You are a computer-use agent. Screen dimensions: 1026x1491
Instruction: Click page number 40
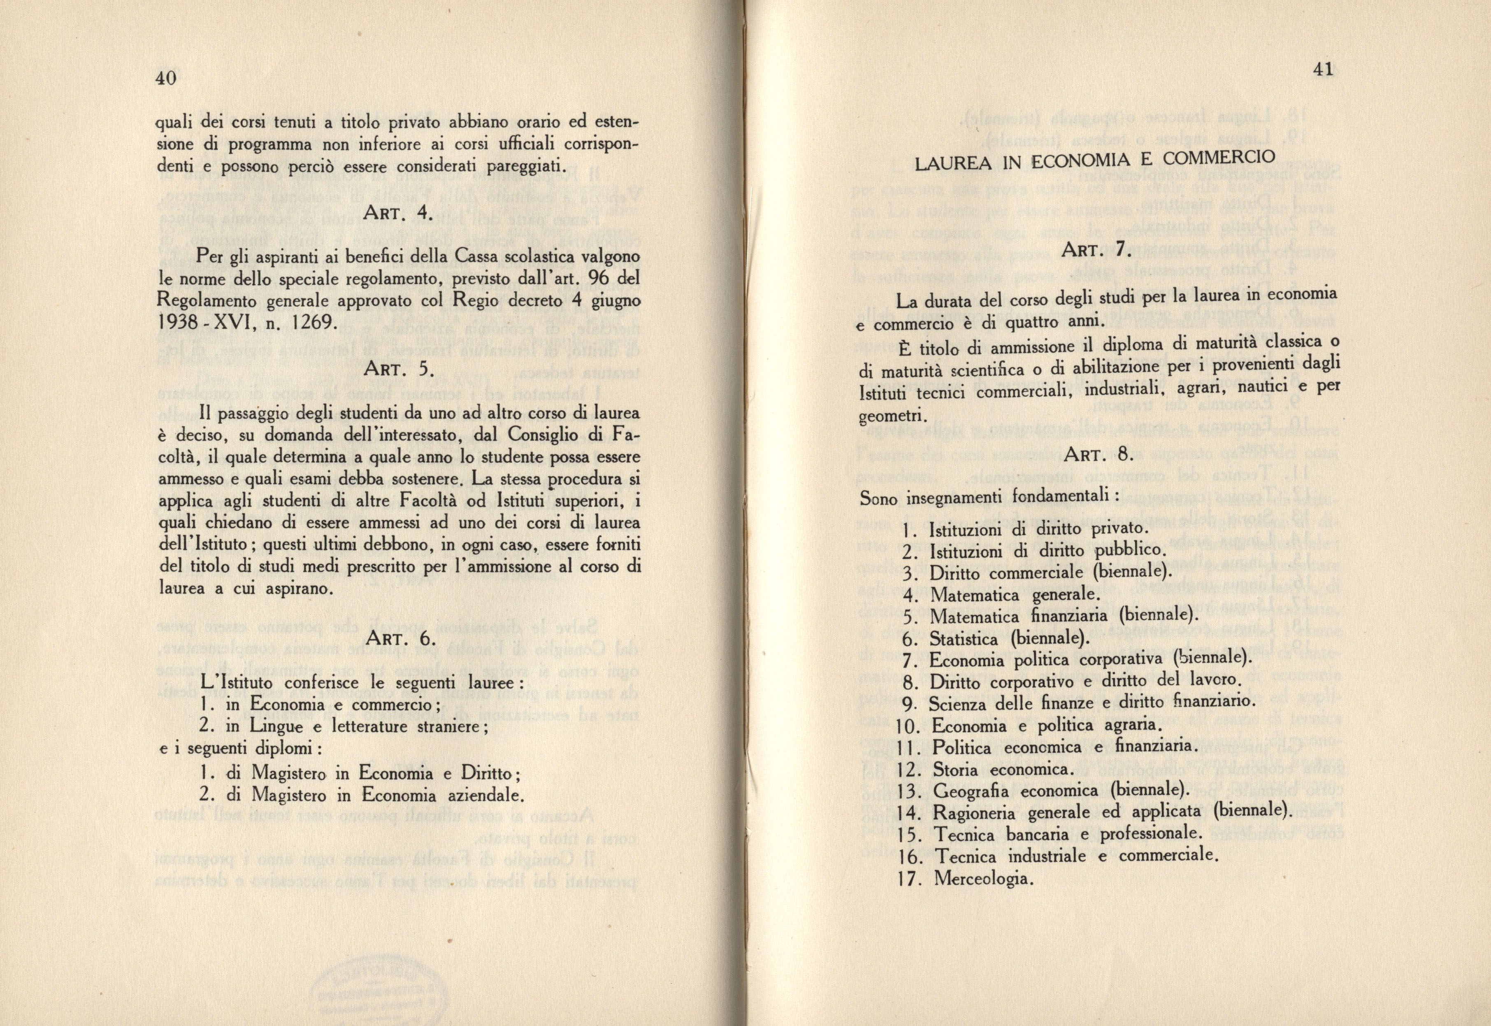[x=166, y=79]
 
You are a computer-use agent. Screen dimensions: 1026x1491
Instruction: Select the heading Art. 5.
[x=400, y=370]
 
